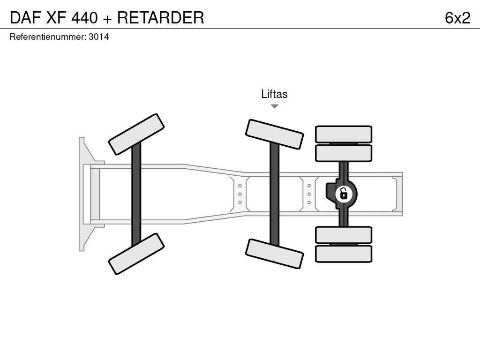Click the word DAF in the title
tap(25, 17)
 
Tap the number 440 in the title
tap(84, 17)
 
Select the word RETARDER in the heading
tap(161, 17)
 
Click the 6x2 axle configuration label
tap(457, 18)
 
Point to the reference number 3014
tap(98, 37)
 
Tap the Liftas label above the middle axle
tap(274, 94)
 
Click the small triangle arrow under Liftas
tap(275, 106)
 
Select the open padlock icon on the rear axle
tap(344, 194)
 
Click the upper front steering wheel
tap(136, 135)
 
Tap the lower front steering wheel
tap(136, 254)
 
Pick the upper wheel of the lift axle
tap(275, 135)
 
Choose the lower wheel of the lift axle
tap(275, 254)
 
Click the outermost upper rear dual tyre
tap(344, 134)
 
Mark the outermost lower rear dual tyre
tap(344, 254)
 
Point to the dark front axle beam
tap(136, 194)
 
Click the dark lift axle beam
tap(275, 194)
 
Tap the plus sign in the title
tap(107, 18)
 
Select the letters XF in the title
tap(56, 17)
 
